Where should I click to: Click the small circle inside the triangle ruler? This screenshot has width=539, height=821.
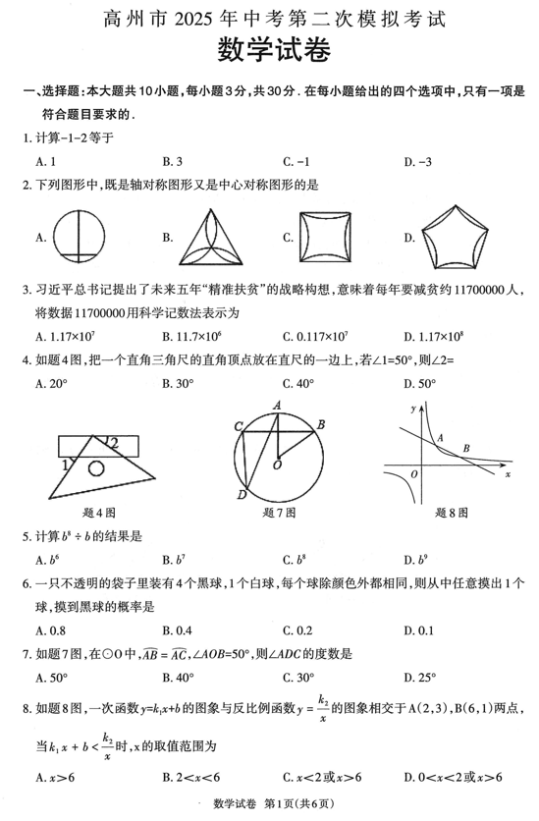pyautogui.click(x=95, y=467)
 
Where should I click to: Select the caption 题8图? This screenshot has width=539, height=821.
pyautogui.click(x=451, y=512)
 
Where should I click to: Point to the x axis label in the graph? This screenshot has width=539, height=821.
pyautogui.click(x=508, y=473)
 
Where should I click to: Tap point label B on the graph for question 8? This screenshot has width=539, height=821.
pyautogui.click(x=466, y=448)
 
